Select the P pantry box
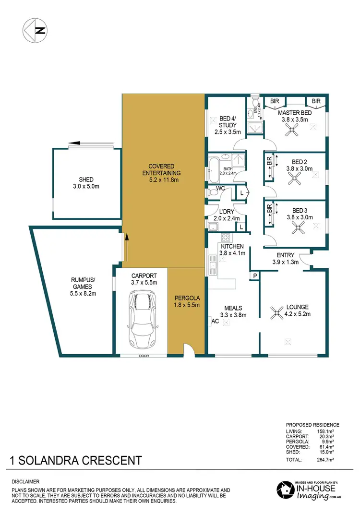pyautogui.click(x=254, y=276)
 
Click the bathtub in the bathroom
pyautogui.click(x=214, y=167)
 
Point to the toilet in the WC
pyautogui.click(x=213, y=192)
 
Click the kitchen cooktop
pyautogui.click(x=224, y=237)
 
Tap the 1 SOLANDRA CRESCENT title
pyautogui.click(x=75, y=461)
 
